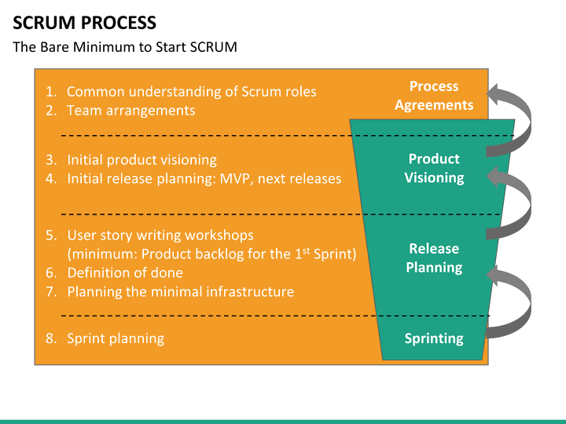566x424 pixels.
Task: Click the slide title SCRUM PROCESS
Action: [84, 23]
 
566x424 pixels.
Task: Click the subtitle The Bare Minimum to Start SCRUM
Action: [124, 47]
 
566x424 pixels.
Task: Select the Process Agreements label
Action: [434, 96]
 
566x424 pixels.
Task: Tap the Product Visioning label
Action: [434, 168]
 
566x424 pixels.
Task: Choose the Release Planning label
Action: [434, 258]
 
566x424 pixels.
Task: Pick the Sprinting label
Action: [434, 338]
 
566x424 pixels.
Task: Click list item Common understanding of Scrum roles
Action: [191, 91]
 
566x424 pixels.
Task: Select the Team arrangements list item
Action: [130, 110]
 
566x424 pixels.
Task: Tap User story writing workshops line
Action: [160, 235]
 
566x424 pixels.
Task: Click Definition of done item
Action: [124, 272]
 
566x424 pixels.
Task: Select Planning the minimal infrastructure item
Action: [180, 291]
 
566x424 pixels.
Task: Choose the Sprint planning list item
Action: [116, 338]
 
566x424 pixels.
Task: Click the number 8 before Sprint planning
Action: [50, 338]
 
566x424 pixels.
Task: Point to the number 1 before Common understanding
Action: [50, 91]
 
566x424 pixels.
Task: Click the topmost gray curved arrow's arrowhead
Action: [496, 96]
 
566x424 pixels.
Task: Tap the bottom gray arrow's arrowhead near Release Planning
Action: [496, 276]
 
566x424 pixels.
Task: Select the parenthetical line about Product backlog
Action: [211, 254]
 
